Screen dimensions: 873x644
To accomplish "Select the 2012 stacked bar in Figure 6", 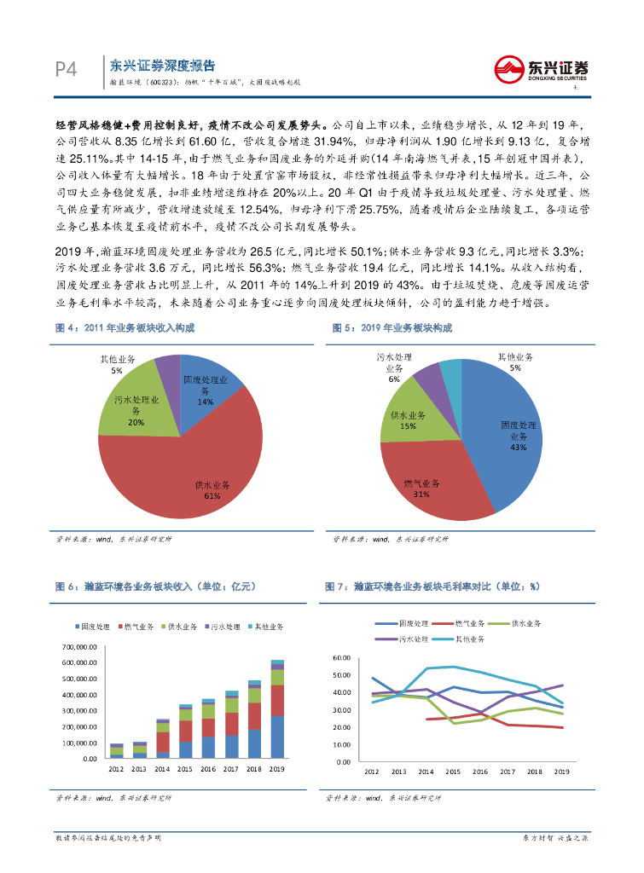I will (x=117, y=750).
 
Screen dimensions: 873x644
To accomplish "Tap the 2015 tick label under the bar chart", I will (x=186, y=771).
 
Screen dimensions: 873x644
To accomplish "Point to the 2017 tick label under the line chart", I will (x=508, y=771).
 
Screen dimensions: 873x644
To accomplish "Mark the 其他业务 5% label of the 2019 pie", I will (x=515, y=361).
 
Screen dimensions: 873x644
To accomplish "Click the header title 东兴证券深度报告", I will (x=163, y=66).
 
